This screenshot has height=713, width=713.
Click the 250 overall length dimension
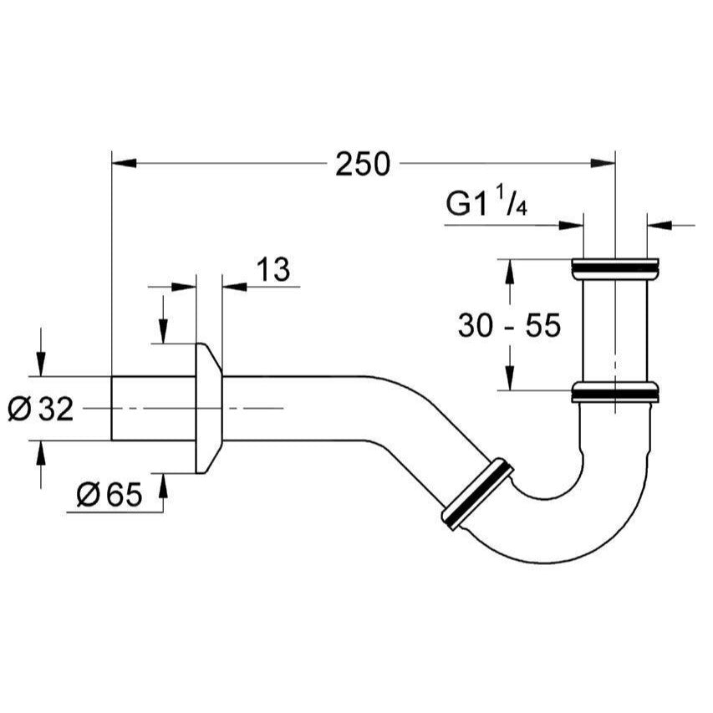pyautogui.click(x=363, y=165)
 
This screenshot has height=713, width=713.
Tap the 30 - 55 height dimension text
pyautogui.click(x=508, y=325)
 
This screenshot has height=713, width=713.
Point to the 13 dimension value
pyautogui.click(x=272, y=269)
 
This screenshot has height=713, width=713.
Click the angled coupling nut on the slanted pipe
pyautogui.click(x=477, y=494)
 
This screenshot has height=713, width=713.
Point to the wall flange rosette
pyautogui.click(x=208, y=407)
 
